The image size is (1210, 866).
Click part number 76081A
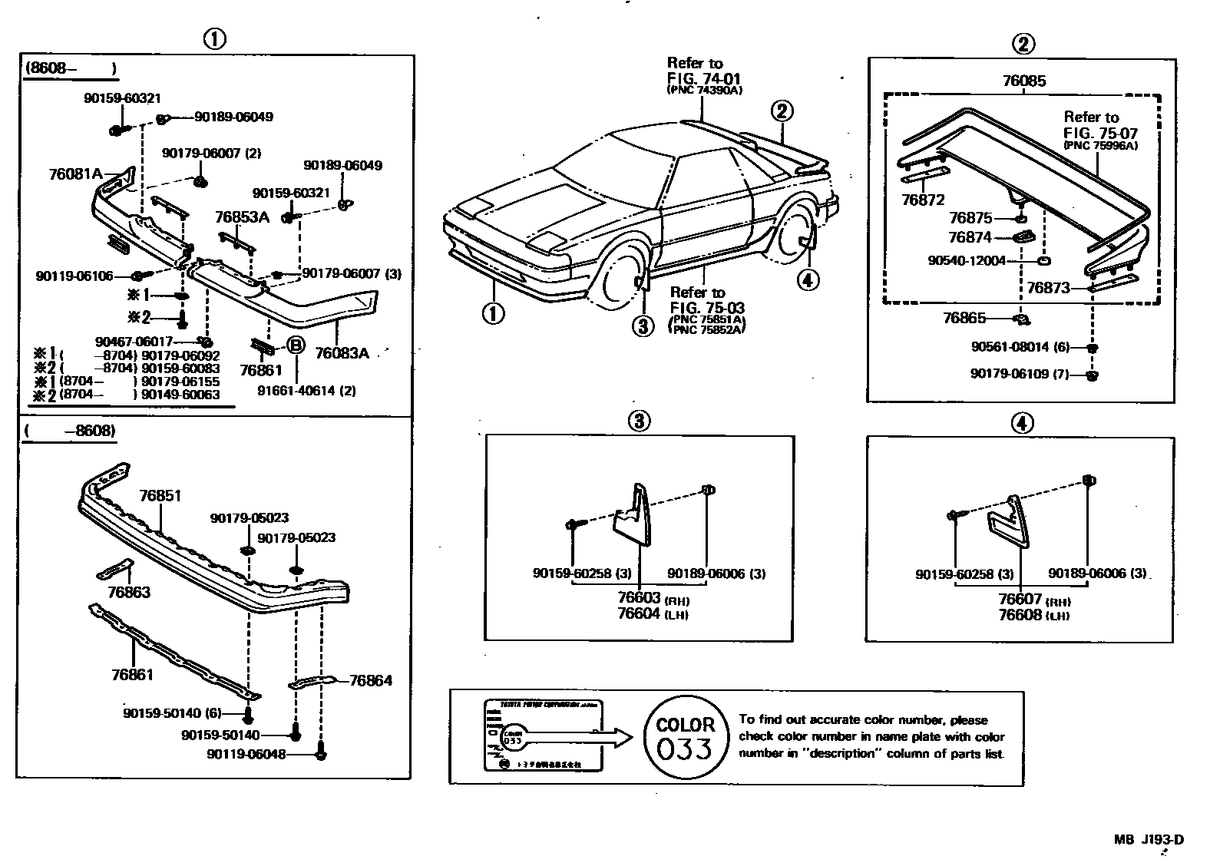pyautogui.click(x=74, y=174)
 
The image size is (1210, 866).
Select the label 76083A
pyautogui.click(x=342, y=353)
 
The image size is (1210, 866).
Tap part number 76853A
pyautogui.click(x=242, y=217)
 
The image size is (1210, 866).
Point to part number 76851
pyautogui.click(x=160, y=496)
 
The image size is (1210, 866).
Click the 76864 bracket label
pyautogui.click(x=370, y=680)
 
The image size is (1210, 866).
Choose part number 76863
pyautogui.click(x=129, y=592)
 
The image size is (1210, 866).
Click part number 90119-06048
pyautogui.click(x=246, y=754)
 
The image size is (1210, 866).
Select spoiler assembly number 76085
pyautogui.click(x=1023, y=81)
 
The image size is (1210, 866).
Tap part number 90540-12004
pyautogui.click(x=966, y=261)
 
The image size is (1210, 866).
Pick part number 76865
pyautogui.click(x=964, y=317)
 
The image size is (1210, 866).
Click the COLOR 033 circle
pyautogui.click(x=684, y=737)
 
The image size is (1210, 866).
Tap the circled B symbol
pyautogui.click(x=296, y=346)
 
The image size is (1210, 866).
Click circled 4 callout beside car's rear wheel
pyautogui.click(x=807, y=280)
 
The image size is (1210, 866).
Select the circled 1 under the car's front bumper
pyautogui.click(x=493, y=313)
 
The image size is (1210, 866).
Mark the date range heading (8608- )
pyautogui.click(x=71, y=68)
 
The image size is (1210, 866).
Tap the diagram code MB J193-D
pyautogui.click(x=1149, y=839)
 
